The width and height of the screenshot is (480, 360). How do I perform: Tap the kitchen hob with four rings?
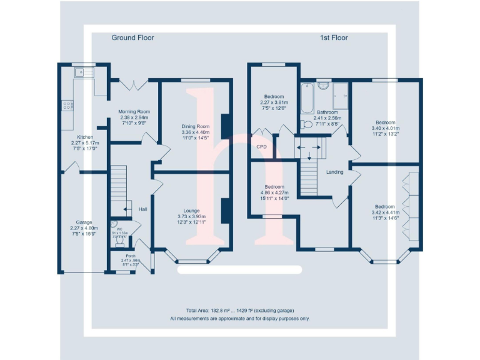66,106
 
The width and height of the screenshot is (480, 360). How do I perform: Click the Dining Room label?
195,126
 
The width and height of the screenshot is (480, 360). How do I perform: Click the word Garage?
84,222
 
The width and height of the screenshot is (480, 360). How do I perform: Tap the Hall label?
143,209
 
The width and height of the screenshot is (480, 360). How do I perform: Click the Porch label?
130,256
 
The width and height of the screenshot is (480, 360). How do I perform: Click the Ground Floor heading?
132,37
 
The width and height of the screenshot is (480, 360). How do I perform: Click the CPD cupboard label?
261,147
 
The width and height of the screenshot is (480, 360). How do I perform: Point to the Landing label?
334,172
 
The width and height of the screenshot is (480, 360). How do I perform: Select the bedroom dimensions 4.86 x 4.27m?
274,192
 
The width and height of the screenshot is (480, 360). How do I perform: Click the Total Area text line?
239,311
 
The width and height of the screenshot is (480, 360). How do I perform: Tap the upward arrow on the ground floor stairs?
127,209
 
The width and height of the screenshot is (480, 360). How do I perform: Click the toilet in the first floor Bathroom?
304,124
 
